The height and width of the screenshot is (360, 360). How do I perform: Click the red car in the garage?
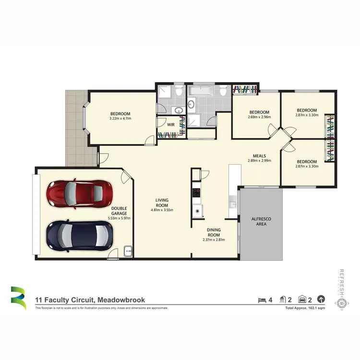click(80, 194)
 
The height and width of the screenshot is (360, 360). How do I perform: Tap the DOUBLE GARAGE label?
click(120, 211)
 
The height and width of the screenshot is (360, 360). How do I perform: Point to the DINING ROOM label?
click(214, 232)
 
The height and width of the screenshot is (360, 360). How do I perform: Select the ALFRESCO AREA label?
click(261, 221)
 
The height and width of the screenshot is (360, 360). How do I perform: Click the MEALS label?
click(260, 156)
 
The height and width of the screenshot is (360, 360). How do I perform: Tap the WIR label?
click(170, 124)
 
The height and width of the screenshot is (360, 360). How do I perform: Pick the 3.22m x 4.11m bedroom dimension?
click(120, 118)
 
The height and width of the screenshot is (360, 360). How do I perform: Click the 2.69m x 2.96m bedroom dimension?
click(260, 117)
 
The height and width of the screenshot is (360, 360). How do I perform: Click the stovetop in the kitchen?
click(197, 193)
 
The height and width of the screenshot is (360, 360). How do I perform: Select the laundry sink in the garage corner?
click(128, 250)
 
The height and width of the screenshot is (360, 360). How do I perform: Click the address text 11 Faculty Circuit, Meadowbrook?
click(90, 300)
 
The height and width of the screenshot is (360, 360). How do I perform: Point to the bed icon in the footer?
click(262, 300)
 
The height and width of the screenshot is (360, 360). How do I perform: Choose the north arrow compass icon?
click(321, 300)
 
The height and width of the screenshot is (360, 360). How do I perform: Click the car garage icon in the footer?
click(302, 300)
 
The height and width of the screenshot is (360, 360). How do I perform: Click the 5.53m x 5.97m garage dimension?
click(120, 218)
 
